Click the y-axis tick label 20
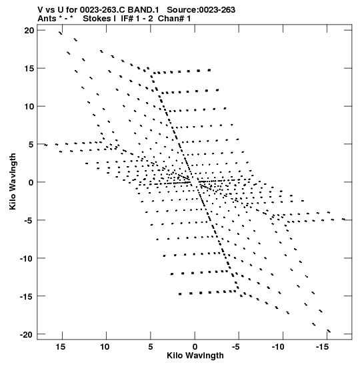pyautogui.click(x=29, y=31)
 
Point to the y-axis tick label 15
pyautogui.click(x=29, y=69)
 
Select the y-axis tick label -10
pyautogui.click(x=27, y=258)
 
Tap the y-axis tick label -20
pyautogui.click(x=27, y=334)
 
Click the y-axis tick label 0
pyautogui.click(x=31, y=182)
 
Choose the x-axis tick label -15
pyautogui.click(x=322, y=347)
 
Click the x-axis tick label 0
pyautogui.click(x=195, y=347)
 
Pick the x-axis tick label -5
pyautogui.click(x=235, y=347)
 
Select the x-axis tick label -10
pyautogui.click(x=278, y=347)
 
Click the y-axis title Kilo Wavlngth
pyautogui.click(x=13, y=181)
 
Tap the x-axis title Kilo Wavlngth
pyautogui.click(x=195, y=356)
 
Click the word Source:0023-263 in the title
pyautogui.click(x=201, y=10)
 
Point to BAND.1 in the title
pyautogui.click(x=143, y=10)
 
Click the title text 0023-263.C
pyautogui.click(x=102, y=10)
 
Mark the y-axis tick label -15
pyautogui.click(x=27, y=296)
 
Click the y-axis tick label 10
pyautogui.click(x=29, y=106)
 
